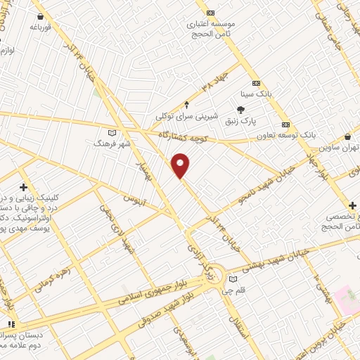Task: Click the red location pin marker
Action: pos(181,166)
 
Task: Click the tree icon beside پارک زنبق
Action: pos(241,109)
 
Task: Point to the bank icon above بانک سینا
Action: pos(255,81)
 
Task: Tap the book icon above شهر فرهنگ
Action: pos(112,131)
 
